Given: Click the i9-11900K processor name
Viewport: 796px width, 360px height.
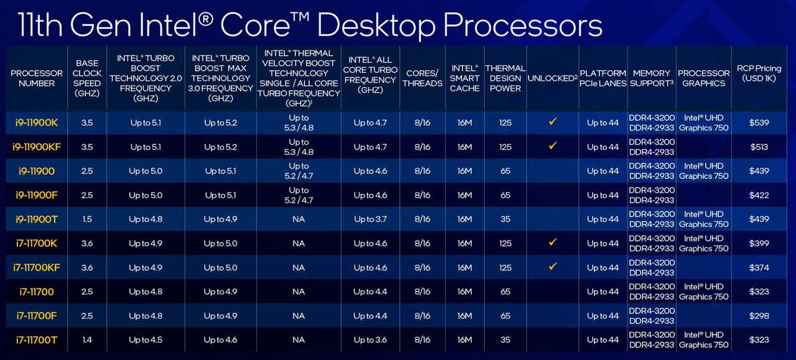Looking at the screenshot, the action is coord(37,122).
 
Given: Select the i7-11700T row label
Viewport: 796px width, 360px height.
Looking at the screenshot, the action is coord(37,340).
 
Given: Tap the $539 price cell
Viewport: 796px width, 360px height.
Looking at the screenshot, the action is coord(759,122).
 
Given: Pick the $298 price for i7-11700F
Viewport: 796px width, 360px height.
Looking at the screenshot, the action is coord(759,316).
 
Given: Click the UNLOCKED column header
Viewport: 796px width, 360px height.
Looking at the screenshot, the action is coord(553,78).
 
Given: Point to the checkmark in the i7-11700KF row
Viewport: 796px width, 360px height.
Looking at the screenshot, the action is coord(553,267).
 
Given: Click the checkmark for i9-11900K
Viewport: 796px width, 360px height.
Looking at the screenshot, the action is coord(553,121).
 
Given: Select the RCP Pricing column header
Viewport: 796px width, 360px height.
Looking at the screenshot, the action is coord(759,73).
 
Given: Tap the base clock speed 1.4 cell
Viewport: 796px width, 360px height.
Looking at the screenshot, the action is coord(87,340).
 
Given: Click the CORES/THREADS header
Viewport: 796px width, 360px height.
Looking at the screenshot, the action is coord(422,78).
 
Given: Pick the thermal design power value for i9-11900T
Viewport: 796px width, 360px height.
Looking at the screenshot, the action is coord(506,219).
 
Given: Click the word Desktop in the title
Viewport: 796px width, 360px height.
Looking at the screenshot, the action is coord(376,25).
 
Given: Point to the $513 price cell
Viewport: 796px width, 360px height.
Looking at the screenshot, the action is coord(759,147).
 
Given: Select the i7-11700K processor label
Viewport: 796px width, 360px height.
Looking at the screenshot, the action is coord(37,244).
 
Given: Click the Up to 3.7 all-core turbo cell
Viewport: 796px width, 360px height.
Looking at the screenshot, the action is coord(370,219).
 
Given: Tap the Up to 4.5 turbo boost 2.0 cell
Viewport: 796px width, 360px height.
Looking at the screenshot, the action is coord(146,340).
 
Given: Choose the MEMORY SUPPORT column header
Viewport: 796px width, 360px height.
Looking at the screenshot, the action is coord(652,78).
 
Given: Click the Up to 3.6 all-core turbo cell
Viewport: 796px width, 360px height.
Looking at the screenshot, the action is coord(370,340).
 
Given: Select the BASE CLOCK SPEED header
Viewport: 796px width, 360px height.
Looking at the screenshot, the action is coord(87,78).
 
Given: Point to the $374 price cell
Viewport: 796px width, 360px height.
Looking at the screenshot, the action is coord(759,267).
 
